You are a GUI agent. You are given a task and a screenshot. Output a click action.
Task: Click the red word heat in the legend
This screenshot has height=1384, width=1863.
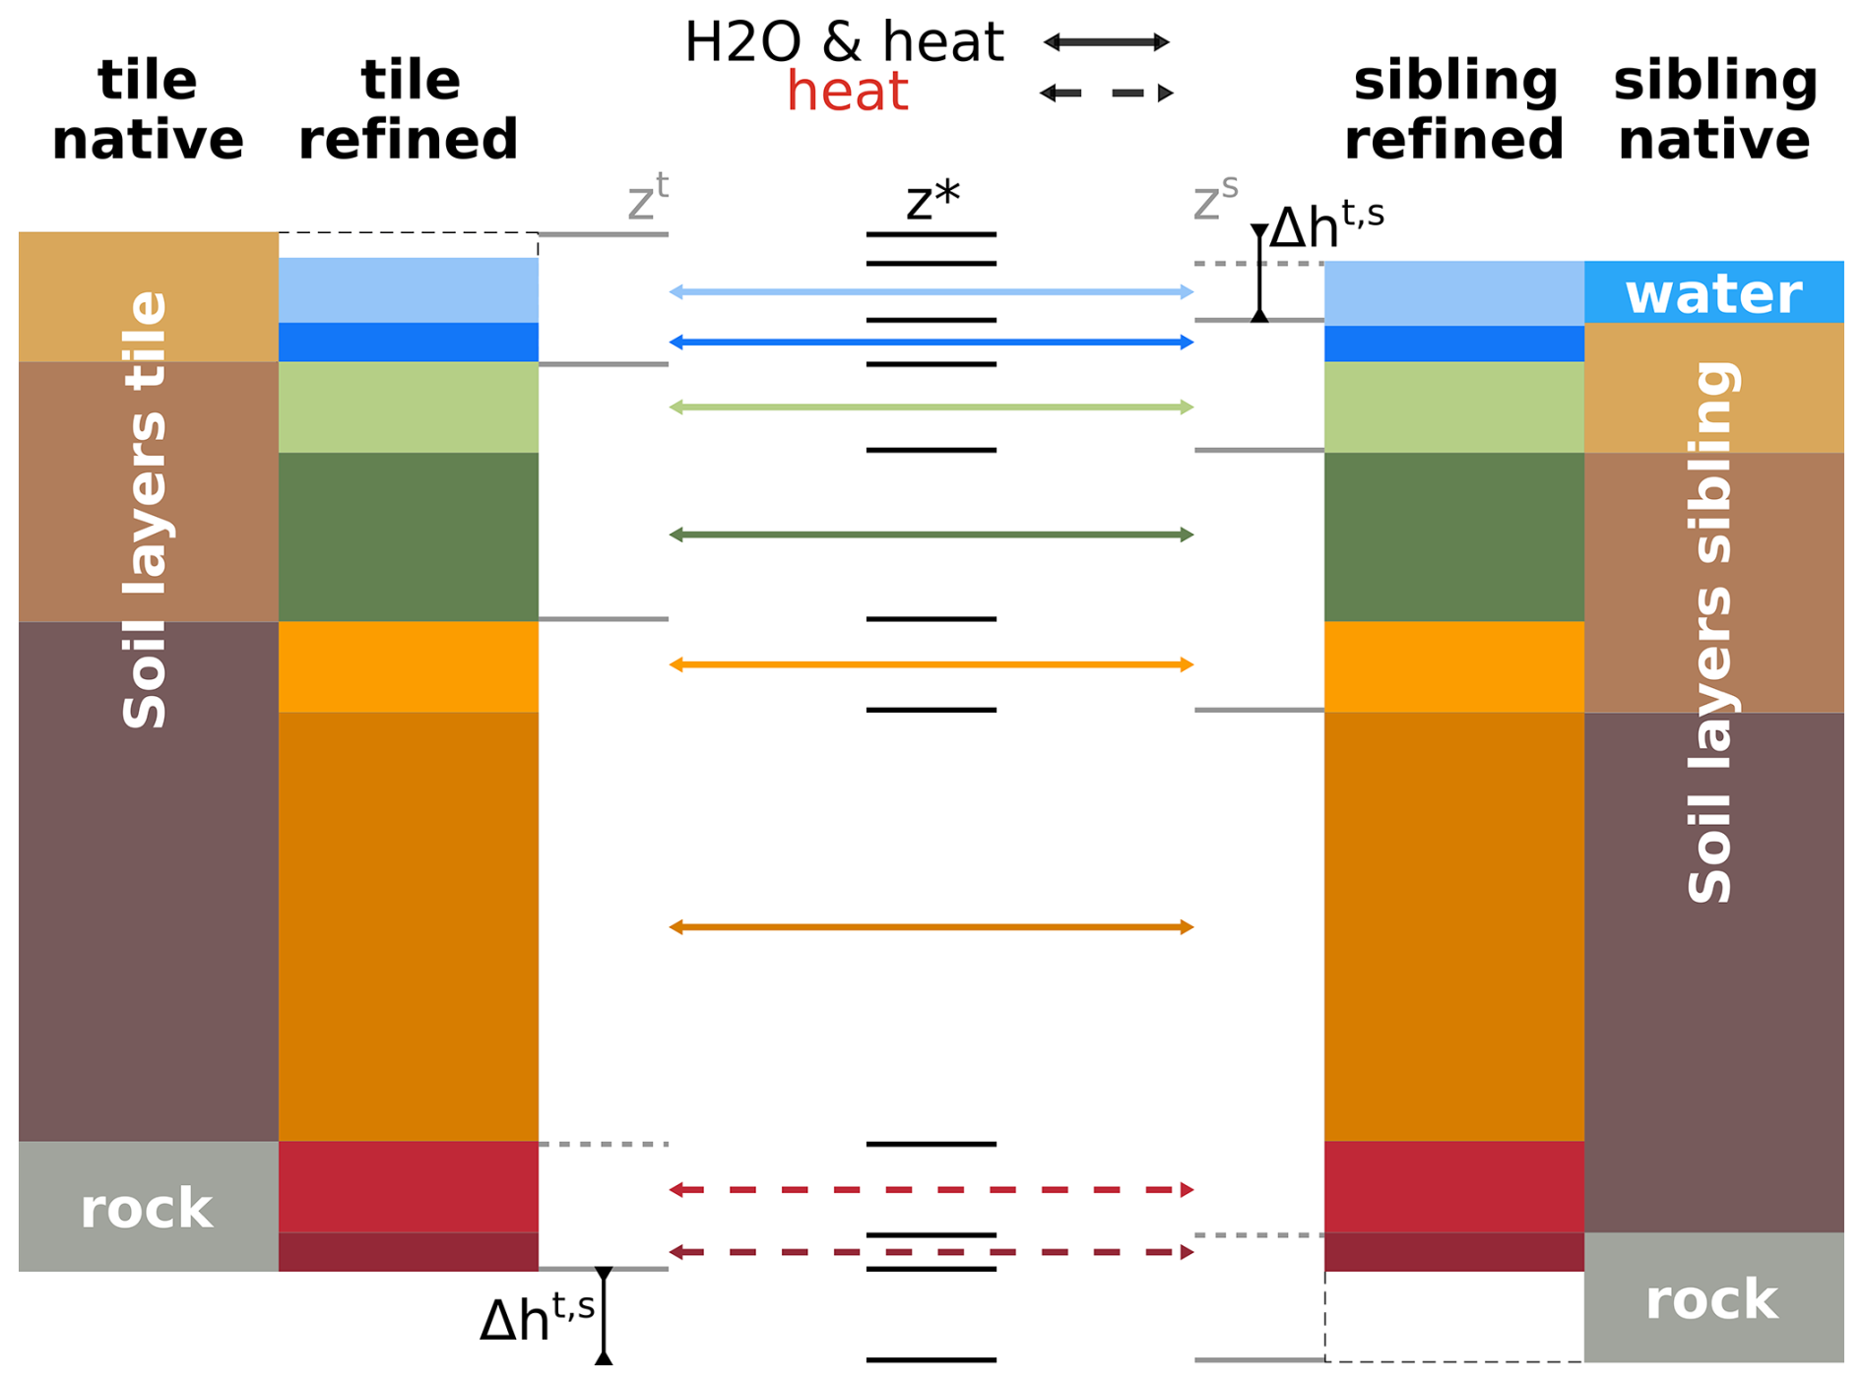tap(847, 92)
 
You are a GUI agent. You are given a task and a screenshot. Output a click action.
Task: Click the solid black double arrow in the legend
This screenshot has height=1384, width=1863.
tap(1107, 41)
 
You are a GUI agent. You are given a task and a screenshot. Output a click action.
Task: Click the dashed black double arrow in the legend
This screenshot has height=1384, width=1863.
tap(1107, 93)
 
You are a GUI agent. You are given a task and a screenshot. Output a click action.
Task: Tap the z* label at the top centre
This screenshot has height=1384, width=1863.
tap(932, 200)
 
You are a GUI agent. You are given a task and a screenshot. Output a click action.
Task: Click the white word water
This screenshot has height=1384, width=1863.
tap(1713, 293)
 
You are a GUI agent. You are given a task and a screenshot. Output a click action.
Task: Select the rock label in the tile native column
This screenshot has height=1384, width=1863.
tap(147, 1208)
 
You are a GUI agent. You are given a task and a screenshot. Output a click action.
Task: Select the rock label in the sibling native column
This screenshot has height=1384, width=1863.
tap(1712, 1299)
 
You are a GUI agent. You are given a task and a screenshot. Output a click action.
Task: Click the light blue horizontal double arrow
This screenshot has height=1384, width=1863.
tap(931, 291)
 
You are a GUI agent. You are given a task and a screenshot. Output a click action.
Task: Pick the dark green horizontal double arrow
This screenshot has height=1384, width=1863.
tap(931, 535)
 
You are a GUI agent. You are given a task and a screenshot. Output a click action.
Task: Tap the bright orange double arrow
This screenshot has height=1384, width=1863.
tap(931, 664)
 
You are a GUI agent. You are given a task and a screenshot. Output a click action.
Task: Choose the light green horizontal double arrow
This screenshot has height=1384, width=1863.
tap(931, 407)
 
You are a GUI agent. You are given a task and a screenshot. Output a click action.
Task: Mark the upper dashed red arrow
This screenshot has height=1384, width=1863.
tap(931, 1189)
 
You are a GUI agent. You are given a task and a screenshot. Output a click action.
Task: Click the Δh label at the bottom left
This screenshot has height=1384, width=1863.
tap(538, 1317)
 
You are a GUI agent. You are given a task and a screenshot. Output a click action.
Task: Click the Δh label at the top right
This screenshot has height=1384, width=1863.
tap(1326, 225)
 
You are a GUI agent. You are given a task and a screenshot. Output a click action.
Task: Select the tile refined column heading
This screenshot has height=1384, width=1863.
tap(409, 109)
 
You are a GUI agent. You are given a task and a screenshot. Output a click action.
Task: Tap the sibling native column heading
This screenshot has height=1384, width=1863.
tap(1714, 109)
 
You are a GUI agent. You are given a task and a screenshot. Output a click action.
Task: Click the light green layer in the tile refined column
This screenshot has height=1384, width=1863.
tap(409, 407)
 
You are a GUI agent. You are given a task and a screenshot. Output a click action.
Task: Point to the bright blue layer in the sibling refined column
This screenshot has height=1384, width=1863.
tap(1454, 344)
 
